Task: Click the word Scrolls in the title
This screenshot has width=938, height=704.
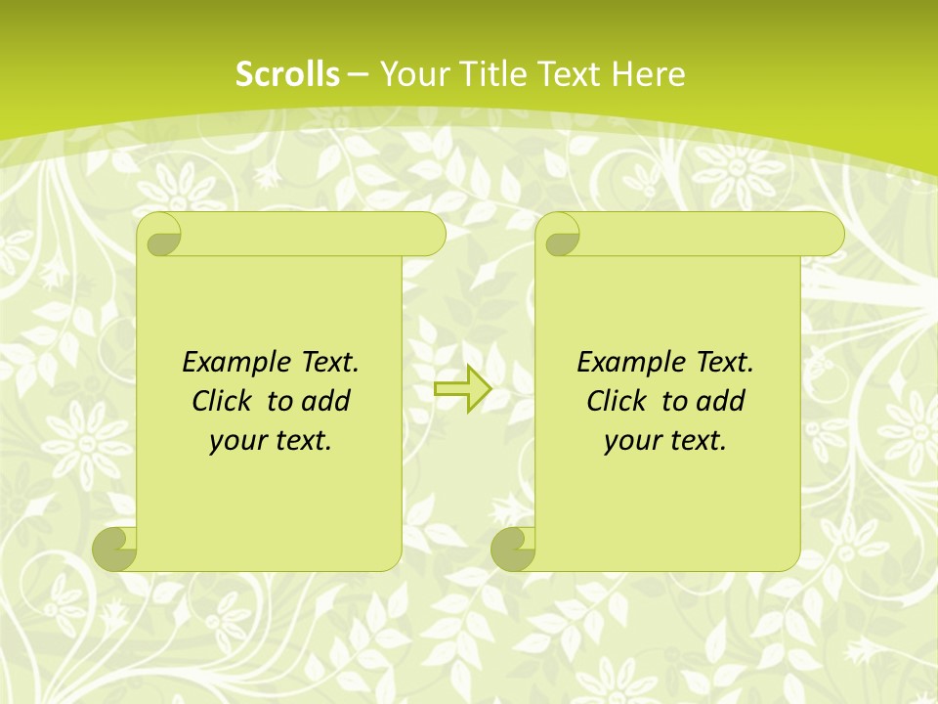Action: click(x=287, y=74)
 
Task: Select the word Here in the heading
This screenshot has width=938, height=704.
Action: click(x=649, y=74)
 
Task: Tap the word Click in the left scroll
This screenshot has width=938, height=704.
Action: click(x=224, y=401)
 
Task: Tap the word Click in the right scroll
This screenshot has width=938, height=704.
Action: click(x=617, y=401)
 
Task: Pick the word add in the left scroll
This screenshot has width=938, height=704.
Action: click(x=326, y=401)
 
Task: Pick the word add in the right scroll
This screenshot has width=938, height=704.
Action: click(x=721, y=401)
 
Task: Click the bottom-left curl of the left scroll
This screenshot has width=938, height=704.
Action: click(x=115, y=549)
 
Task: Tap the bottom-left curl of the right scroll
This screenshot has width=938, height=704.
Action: click(x=513, y=549)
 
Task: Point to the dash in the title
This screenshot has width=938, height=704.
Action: click(x=359, y=74)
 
